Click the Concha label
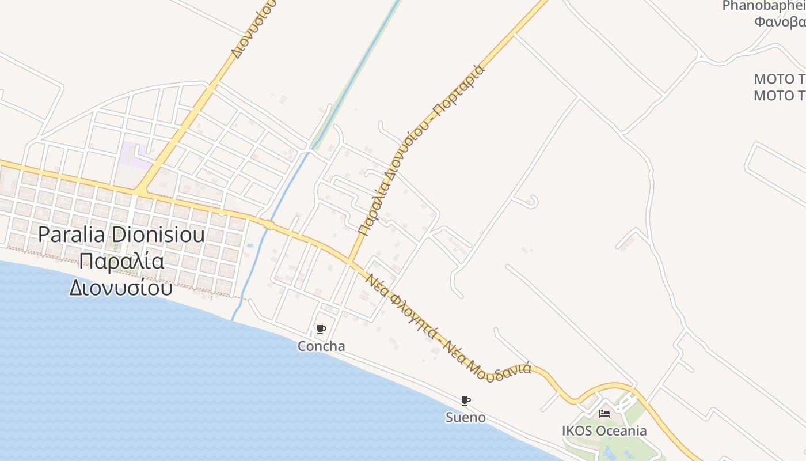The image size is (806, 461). [321, 346]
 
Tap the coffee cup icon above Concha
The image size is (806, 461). [321, 330]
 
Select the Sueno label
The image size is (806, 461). [465, 417]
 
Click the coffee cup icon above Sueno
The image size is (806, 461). [465, 400]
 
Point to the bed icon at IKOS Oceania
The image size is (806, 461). [604, 413]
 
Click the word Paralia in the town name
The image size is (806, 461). [73, 235]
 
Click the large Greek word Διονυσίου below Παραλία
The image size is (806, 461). [121, 287]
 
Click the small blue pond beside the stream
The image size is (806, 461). [249, 247]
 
